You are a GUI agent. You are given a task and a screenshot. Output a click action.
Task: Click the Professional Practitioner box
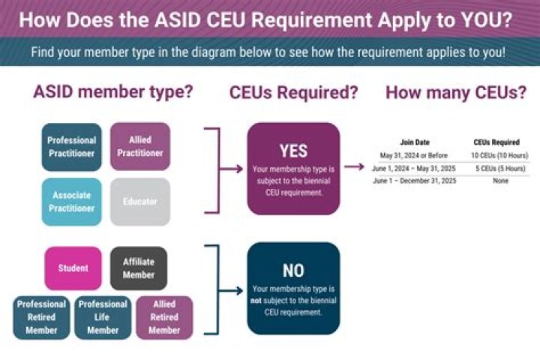coord(71,146)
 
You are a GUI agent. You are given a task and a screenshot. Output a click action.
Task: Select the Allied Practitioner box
coord(140,146)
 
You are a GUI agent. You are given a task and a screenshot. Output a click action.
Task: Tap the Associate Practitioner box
coord(71,202)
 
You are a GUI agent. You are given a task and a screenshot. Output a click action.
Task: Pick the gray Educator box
coord(140,202)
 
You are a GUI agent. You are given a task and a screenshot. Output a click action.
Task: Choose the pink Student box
coord(72,268)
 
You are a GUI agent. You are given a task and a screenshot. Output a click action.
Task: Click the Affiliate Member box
coord(138,268)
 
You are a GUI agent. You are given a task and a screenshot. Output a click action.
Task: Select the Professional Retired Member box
coord(41,316)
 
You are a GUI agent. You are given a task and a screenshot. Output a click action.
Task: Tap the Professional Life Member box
coord(102,316)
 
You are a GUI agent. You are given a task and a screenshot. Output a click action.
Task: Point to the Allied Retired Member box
coord(163,316)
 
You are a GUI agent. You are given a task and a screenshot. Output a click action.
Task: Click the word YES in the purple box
coord(293,150)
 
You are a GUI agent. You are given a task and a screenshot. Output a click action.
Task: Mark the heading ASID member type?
coord(112,92)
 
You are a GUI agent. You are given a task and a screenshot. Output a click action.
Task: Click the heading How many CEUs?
coord(455,92)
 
